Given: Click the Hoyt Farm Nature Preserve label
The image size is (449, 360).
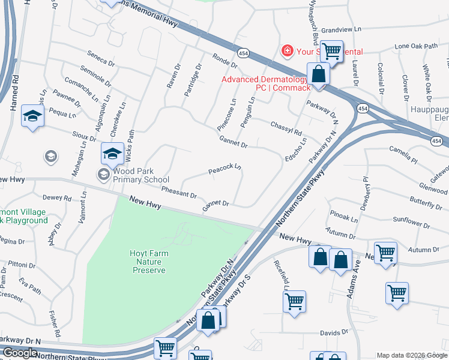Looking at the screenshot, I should tap(148, 262).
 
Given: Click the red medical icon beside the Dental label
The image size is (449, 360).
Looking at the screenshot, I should tap(288, 50).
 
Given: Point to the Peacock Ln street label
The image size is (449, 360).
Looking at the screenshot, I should tap(224, 170).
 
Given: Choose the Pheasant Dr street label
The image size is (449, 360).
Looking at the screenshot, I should tap(179, 192).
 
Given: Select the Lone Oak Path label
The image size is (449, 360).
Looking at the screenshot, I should tap(416, 46).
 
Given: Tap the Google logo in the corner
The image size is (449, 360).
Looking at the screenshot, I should tap(20, 353).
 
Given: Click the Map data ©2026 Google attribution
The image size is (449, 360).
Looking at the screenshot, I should tap(412, 355).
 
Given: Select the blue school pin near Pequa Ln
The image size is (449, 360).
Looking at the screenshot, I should tap(32, 116).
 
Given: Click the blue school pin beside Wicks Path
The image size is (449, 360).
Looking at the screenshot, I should tap(112, 154).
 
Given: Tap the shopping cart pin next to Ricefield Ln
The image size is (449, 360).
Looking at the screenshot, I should tap(294, 302).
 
